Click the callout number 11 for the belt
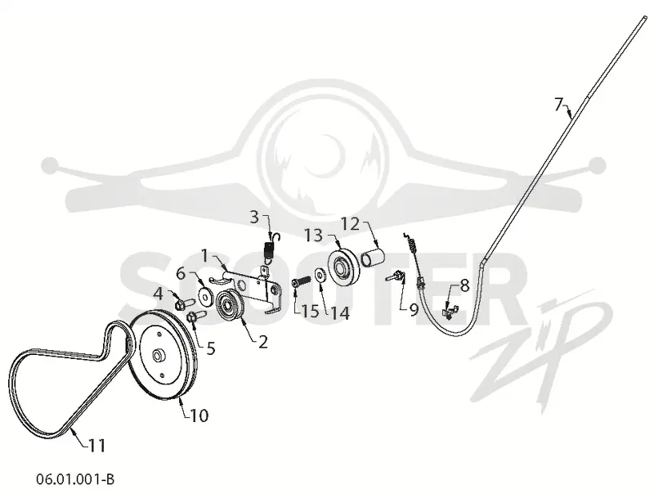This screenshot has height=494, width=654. coord(96,446)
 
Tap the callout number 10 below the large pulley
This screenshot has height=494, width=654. coord(199,415)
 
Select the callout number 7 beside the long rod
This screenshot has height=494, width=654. coord(559,104)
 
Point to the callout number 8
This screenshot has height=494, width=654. coord(464,285)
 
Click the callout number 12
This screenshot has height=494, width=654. coord(351,224)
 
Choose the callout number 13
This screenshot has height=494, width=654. coord(314,236)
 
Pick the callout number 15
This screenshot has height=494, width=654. coord(310,311)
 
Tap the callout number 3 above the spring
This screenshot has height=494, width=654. coord(254,217)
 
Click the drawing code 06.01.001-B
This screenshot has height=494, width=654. coord(75,479)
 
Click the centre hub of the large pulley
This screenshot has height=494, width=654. coord(158,356)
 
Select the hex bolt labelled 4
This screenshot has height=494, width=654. coord(182,303)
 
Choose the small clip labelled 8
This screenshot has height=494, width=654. coord(450,312)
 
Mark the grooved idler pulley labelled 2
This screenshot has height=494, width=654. coord(229,307)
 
